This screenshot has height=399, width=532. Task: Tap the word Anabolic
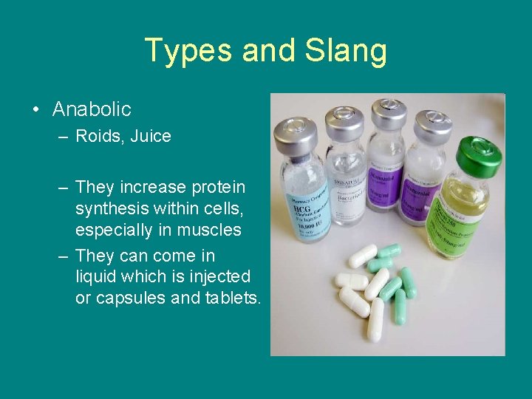pos(92,109)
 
